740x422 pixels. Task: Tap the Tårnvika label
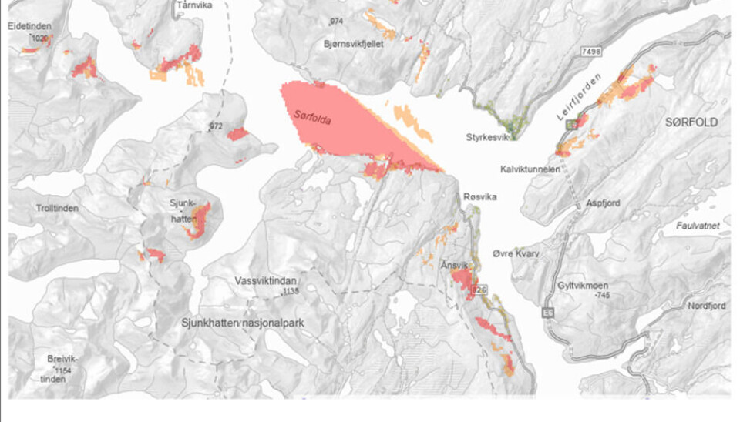pos(193,5)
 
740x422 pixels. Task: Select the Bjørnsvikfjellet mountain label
pos(354,44)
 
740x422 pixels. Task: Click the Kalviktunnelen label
pos(530,169)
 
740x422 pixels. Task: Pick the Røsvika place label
pos(479,197)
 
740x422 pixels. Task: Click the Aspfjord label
pos(603,203)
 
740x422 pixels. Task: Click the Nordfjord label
pos(707,306)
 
